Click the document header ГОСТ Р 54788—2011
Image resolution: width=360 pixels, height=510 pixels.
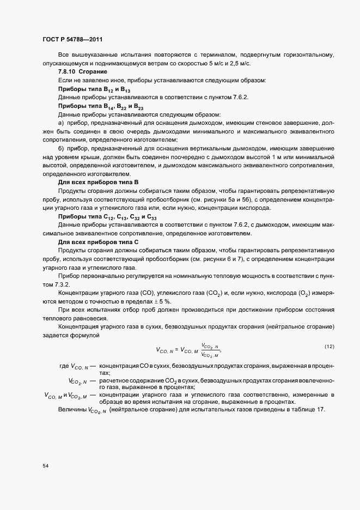point(72,40)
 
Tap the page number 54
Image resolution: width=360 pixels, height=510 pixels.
point(45,466)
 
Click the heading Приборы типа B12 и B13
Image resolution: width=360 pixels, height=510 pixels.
point(94,89)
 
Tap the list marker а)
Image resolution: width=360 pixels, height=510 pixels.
point(61,123)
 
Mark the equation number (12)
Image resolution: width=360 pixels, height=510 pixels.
point(329,347)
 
